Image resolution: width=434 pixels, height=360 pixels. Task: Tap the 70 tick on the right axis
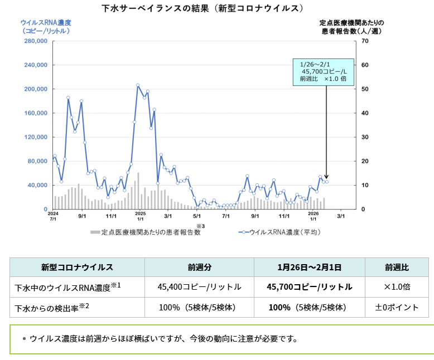click(x=364, y=41)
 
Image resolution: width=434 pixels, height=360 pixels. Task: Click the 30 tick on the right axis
click(x=364, y=137)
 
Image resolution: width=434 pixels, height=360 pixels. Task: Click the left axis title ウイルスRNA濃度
click(x=46, y=23)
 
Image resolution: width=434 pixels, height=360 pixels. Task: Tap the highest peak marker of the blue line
click(x=138, y=85)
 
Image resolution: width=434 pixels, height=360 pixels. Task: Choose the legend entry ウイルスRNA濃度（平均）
click(x=279, y=232)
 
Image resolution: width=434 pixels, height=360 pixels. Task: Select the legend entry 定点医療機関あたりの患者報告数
click(x=146, y=232)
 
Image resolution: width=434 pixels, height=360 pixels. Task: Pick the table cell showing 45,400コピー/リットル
click(x=199, y=287)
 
